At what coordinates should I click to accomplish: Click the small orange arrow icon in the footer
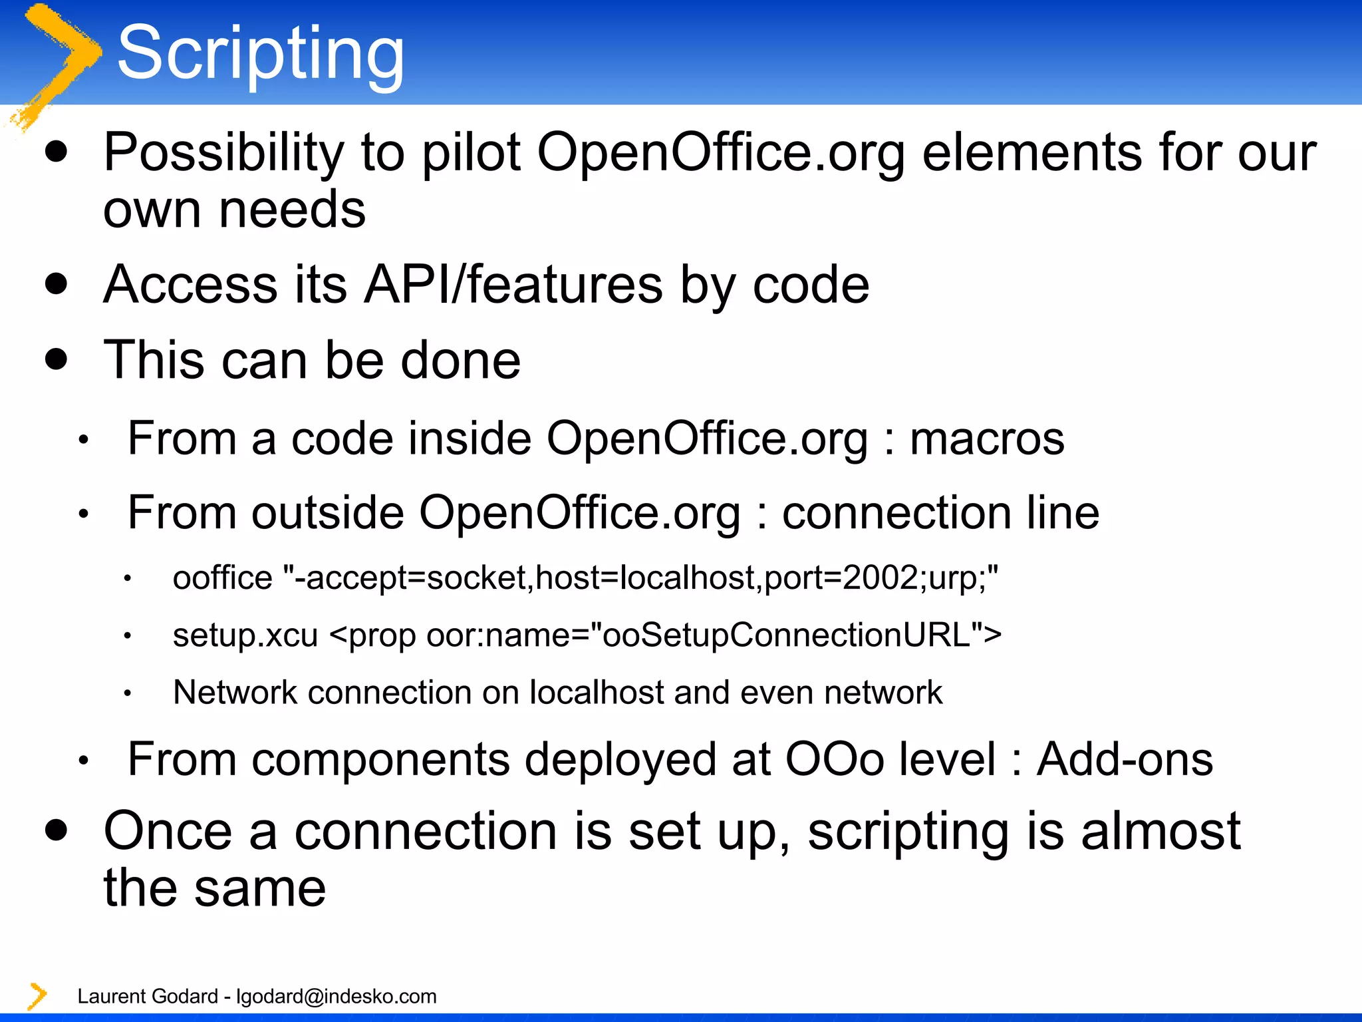coord(37,995)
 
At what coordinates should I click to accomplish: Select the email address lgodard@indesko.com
coord(337,996)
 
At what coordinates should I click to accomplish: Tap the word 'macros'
coord(987,439)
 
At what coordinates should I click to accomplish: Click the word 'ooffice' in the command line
coord(222,578)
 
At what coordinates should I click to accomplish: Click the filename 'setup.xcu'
coord(245,635)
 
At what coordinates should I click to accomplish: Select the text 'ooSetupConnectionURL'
coord(785,635)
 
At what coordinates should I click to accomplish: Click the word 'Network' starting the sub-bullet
coord(235,692)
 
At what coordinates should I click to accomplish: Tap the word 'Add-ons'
coord(1125,759)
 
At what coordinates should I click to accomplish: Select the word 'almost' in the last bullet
coord(1160,831)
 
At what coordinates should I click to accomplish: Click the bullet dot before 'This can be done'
coord(57,360)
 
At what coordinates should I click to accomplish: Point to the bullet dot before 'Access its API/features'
coord(57,284)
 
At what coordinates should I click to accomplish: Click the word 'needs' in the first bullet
coord(292,210)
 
